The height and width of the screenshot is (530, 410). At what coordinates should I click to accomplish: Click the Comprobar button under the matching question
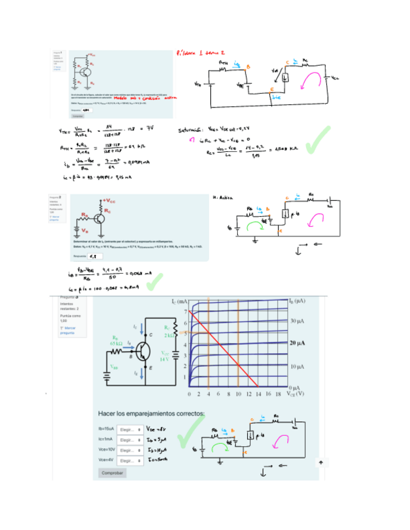point(113,473)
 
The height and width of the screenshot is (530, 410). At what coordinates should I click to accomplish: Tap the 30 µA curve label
point(297,321)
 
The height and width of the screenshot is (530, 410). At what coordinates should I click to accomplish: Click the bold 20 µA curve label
point(297,344)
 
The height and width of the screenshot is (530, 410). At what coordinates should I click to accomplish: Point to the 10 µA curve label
point(297,366)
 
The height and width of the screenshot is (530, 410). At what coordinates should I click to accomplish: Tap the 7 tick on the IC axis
point(185,311)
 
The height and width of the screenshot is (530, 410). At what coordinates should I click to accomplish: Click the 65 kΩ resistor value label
point(116,344)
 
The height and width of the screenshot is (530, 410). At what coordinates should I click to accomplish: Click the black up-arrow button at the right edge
point(320,462)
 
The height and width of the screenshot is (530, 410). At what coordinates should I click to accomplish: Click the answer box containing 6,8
point(96,256)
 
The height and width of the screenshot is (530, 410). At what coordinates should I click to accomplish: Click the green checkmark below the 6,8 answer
point(153,282)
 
